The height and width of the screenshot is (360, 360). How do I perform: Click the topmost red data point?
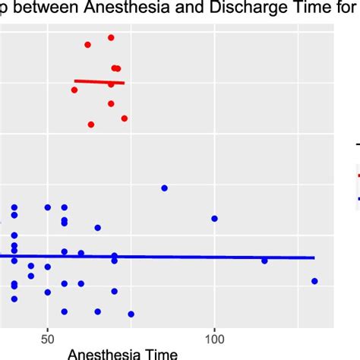point(111,37)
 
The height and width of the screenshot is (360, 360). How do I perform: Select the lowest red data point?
point(91,125)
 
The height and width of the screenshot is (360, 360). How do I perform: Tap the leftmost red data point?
point(74,90)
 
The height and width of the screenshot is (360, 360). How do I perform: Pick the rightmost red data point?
point(125,118)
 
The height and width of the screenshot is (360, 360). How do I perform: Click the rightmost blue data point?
point(314,281)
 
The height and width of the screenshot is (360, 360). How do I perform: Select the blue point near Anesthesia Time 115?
point(264,261)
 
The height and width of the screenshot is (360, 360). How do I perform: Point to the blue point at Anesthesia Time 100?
point(214,219)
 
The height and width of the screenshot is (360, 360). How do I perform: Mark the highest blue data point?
point(164,188)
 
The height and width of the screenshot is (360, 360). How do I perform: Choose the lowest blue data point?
point(131,314)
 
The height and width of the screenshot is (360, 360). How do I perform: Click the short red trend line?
point(99,81)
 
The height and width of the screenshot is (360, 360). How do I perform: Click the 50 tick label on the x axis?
point(47,336)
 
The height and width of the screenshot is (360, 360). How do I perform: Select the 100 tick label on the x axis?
point(214,336)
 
